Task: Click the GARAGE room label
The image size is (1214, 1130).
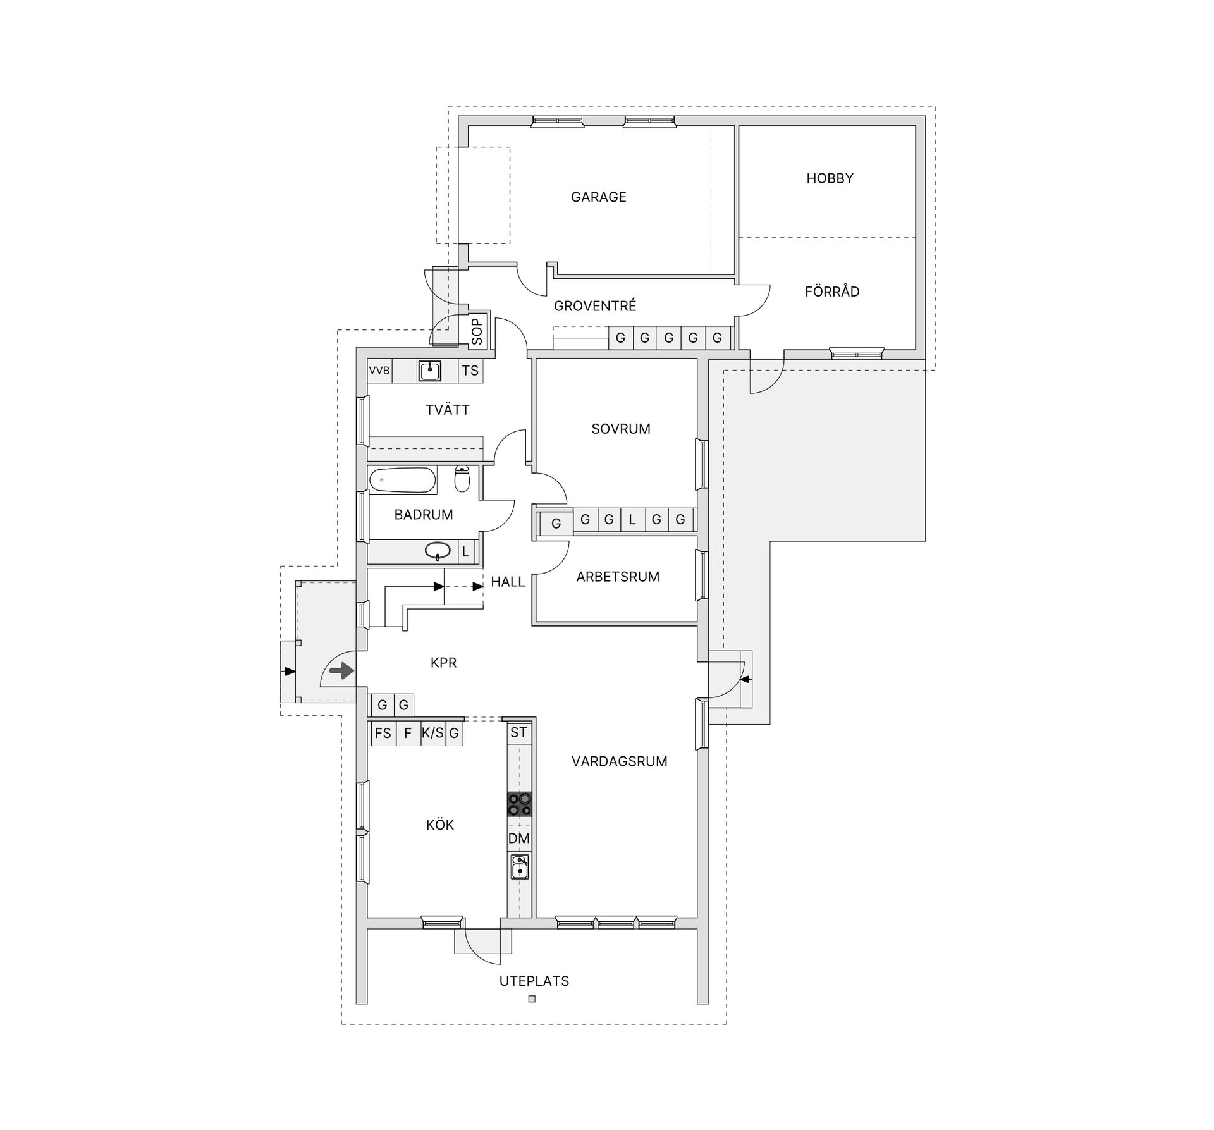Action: (x=598, y=197)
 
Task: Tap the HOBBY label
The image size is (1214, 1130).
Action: (x=830, y=178)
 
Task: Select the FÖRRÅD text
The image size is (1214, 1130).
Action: (x=832, y=292)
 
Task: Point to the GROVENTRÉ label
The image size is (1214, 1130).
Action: (x=595, y=306)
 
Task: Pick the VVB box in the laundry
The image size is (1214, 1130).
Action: (x=379, y=371)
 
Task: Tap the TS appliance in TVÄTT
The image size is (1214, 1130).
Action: (x=470, y=371)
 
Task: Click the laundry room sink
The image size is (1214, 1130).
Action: (x=429, y=371)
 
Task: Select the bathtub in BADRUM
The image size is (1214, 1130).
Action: (x=403, y=480)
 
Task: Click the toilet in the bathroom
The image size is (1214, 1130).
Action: (x=462, y=479)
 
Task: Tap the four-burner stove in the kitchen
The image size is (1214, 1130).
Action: (x=519, y=804)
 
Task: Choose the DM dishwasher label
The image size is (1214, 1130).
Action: (x=519, y=838)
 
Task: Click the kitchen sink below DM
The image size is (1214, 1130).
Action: (x=520, y=866)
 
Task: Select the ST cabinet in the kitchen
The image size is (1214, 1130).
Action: (x=518, y=732)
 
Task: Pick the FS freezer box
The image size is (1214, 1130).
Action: (x=383, y=734)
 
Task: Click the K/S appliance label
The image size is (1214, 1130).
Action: (x=433, y=734)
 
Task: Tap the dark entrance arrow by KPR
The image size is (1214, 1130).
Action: (x=342, y=670)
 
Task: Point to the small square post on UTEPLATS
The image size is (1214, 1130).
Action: (x=532, y=999)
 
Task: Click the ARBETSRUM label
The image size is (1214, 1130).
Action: (x=618, y=577)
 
